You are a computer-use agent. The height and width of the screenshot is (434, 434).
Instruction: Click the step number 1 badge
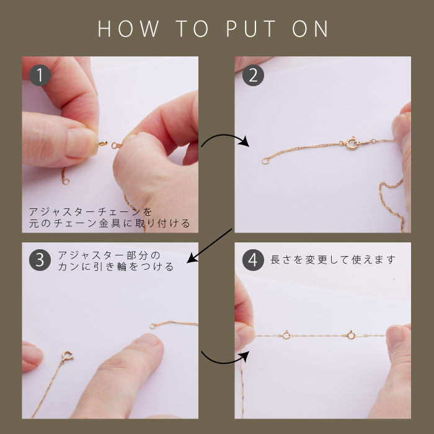[x=40, y=75]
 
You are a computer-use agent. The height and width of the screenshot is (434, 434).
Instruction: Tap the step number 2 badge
[x=253, y=75]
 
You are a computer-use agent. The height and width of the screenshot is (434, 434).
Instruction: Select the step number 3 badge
[x=40, y=260]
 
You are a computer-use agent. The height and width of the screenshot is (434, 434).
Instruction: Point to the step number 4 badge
[x=253, y=260]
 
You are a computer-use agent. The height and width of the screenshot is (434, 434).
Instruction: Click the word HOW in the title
[x=129, y=29]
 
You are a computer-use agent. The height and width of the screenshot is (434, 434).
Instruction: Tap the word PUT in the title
[x=250, y=29]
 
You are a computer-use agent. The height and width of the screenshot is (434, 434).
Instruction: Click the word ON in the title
[x=310, y=29]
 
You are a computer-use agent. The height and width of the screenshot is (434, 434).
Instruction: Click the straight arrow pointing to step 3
[x=210, y=246]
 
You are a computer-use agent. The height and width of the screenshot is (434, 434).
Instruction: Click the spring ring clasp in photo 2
[x=352, y=143]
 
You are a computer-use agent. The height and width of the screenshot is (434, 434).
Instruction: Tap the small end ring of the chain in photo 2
[x=265, y=161]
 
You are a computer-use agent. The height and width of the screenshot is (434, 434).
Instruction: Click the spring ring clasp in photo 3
[x=67, y=356]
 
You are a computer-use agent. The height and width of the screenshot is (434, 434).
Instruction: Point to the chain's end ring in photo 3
[x=153, y=326]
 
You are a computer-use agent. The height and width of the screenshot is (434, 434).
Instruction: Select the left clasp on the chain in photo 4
[x=286, y=335]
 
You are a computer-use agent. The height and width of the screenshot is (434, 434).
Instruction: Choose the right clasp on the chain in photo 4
[x=351, y=335]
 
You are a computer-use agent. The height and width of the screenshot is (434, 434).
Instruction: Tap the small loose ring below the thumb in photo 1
[x=66, y=182]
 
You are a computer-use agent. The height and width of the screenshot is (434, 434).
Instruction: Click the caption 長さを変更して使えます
[x=333, y=260]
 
